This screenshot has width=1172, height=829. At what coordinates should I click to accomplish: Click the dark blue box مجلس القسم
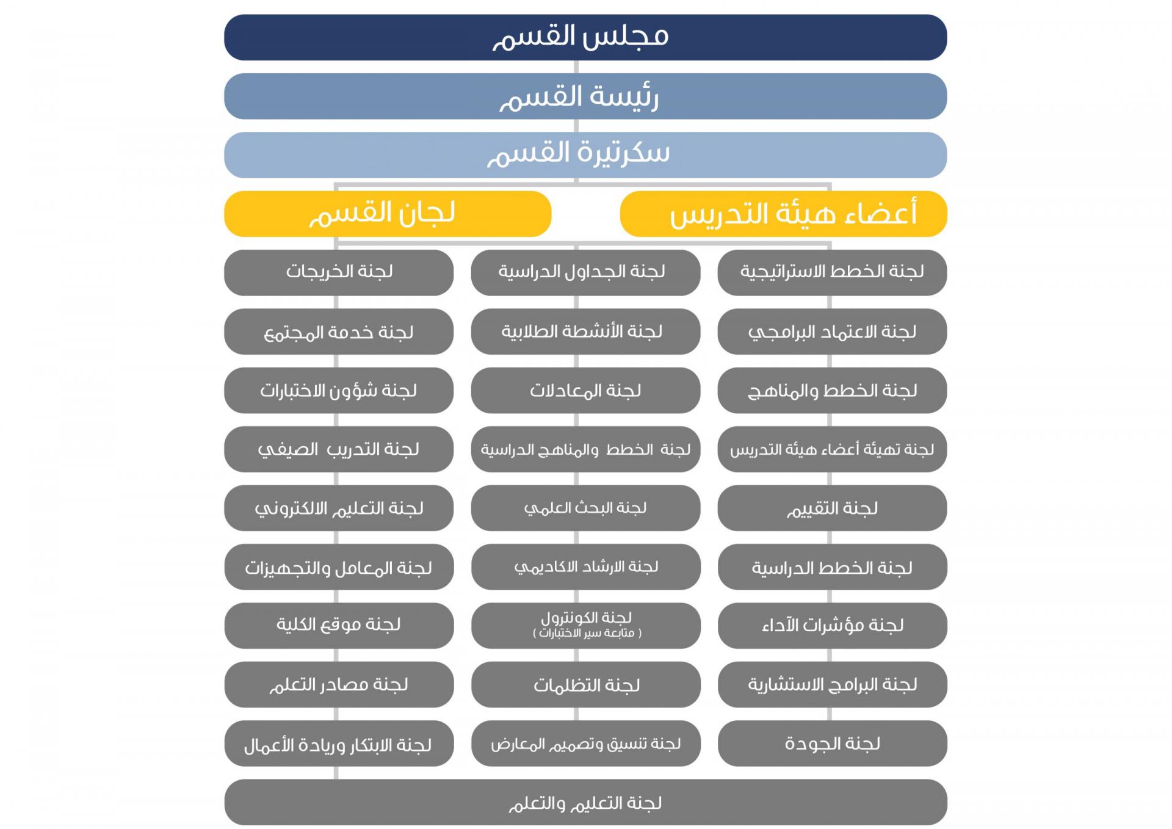585,37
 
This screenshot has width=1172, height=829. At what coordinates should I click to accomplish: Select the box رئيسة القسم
585,96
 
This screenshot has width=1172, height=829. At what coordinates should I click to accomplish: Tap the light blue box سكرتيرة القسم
585,154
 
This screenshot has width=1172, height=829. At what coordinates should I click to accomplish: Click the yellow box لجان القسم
387,214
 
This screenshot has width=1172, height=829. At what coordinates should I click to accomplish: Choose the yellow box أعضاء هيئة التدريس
783,214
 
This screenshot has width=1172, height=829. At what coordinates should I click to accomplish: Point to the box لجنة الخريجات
338,272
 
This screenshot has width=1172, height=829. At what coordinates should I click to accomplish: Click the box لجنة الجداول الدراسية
585,272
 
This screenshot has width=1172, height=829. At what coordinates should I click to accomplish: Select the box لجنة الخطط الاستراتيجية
831,272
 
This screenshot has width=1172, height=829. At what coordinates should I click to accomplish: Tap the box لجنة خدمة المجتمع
338,331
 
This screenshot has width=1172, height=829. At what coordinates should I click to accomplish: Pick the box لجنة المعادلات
585,390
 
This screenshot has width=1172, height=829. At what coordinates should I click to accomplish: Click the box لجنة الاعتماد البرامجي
831,331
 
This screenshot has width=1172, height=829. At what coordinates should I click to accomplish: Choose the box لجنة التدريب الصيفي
338,449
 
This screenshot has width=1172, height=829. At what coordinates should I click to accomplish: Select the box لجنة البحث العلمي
585,508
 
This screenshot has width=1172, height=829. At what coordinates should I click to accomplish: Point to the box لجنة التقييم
831,508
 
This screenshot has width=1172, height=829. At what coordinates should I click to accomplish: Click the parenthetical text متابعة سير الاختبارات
587,634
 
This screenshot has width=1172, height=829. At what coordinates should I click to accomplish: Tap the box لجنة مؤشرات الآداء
831,625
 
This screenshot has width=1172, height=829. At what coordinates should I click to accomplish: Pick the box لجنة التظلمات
585,684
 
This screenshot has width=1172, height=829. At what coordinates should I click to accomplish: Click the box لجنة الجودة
831,743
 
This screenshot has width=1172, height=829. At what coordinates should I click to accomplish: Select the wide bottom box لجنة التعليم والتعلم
585,802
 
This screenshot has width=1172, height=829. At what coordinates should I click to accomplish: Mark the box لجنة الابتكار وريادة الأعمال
338,743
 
